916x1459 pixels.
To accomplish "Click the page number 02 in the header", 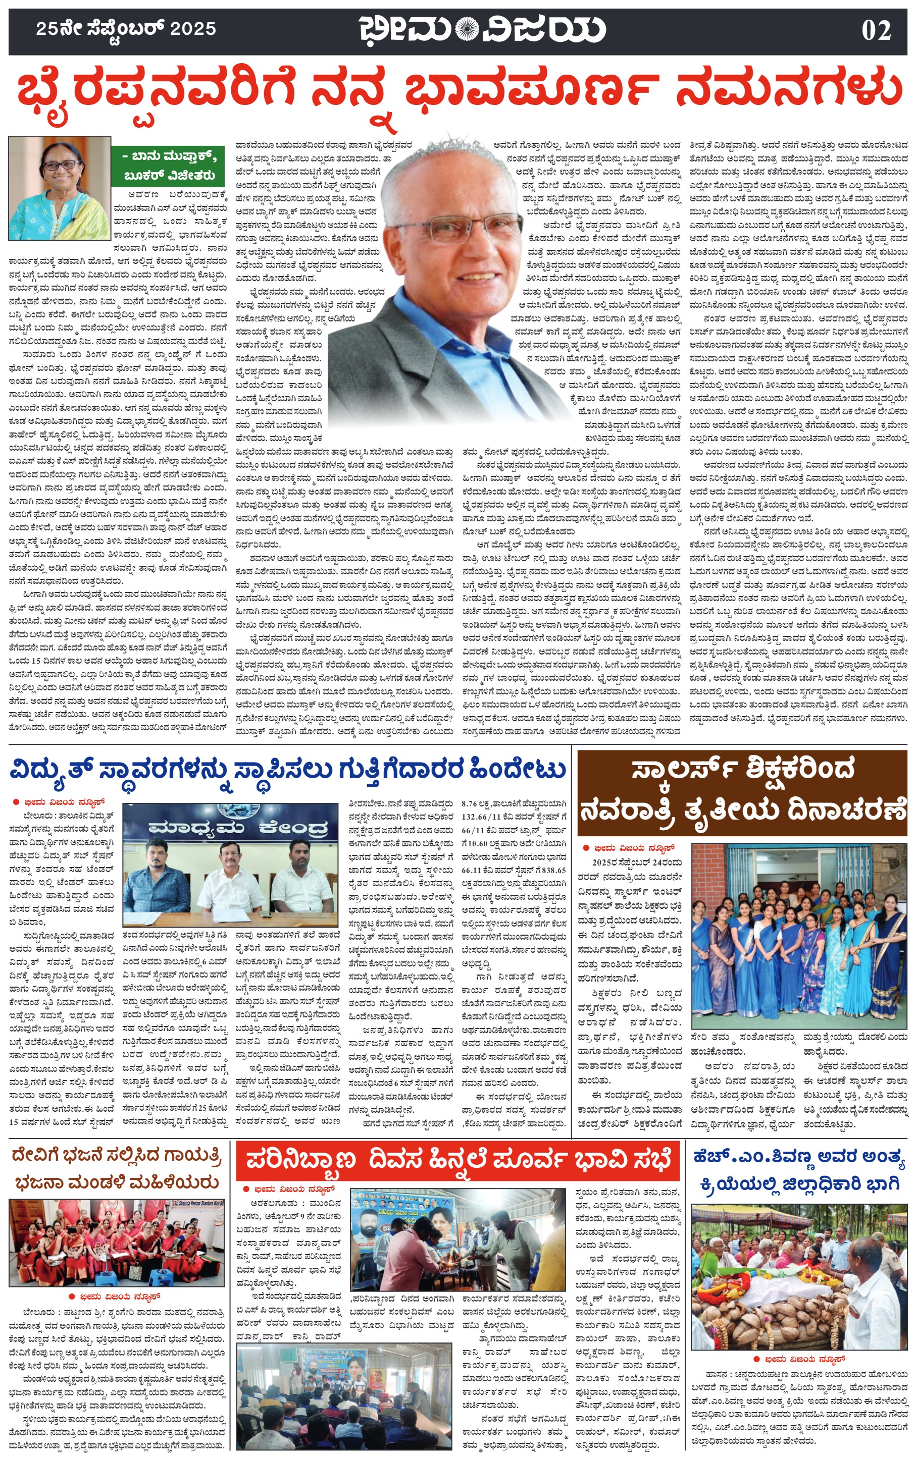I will click(876, 30).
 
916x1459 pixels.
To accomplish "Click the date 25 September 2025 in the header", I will click(126, 28).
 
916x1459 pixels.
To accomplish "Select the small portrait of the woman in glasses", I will click(60, 188).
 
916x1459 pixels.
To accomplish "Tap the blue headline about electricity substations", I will click(288, 770).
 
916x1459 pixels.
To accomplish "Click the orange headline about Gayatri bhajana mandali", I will click(116, 1170).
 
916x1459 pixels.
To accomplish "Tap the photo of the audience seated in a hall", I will click(343, 1396).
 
